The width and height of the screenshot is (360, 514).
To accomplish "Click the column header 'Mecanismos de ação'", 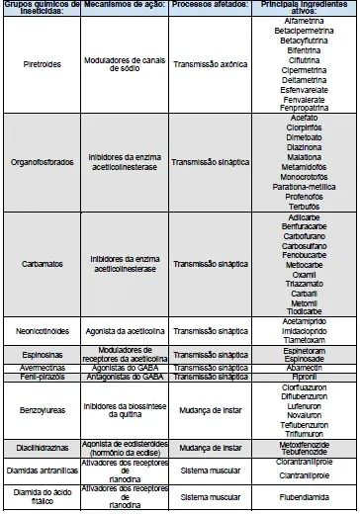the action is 124,6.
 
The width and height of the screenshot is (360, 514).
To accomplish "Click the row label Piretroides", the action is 41,65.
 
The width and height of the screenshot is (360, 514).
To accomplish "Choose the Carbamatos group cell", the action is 41,264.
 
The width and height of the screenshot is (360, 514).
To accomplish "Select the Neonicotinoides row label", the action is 41,330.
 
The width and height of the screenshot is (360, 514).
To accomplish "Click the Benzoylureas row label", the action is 41,407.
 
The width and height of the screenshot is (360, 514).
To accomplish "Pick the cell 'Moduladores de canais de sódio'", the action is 124,65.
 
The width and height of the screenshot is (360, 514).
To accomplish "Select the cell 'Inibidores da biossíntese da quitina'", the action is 124,407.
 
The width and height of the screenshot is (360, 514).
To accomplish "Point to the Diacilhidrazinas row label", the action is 41,447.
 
